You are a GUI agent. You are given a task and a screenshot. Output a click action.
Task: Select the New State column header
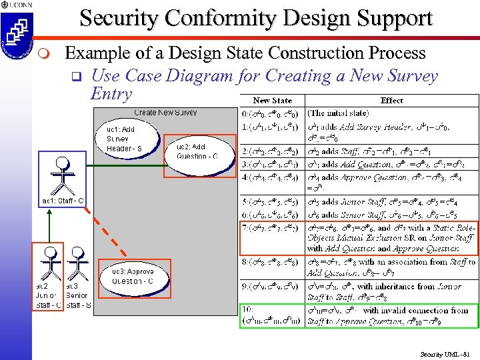[x=272, y=100]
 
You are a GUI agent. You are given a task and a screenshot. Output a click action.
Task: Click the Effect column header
[x=391, y=100]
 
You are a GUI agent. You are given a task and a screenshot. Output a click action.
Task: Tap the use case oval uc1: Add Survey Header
[x=130, y=139]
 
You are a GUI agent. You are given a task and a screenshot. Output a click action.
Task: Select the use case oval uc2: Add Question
[x=198, y=155]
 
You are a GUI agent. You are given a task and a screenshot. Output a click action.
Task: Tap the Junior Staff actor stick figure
[x=49, y=263]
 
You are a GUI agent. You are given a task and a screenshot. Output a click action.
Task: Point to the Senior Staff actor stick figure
[x=78, y=263]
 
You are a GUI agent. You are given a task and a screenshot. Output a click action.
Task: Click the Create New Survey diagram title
[x=165, y=113]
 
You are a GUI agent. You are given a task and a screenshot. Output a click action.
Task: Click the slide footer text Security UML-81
[x=445, y=353]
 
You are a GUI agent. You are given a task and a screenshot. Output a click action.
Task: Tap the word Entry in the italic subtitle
[x=111, y=93]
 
